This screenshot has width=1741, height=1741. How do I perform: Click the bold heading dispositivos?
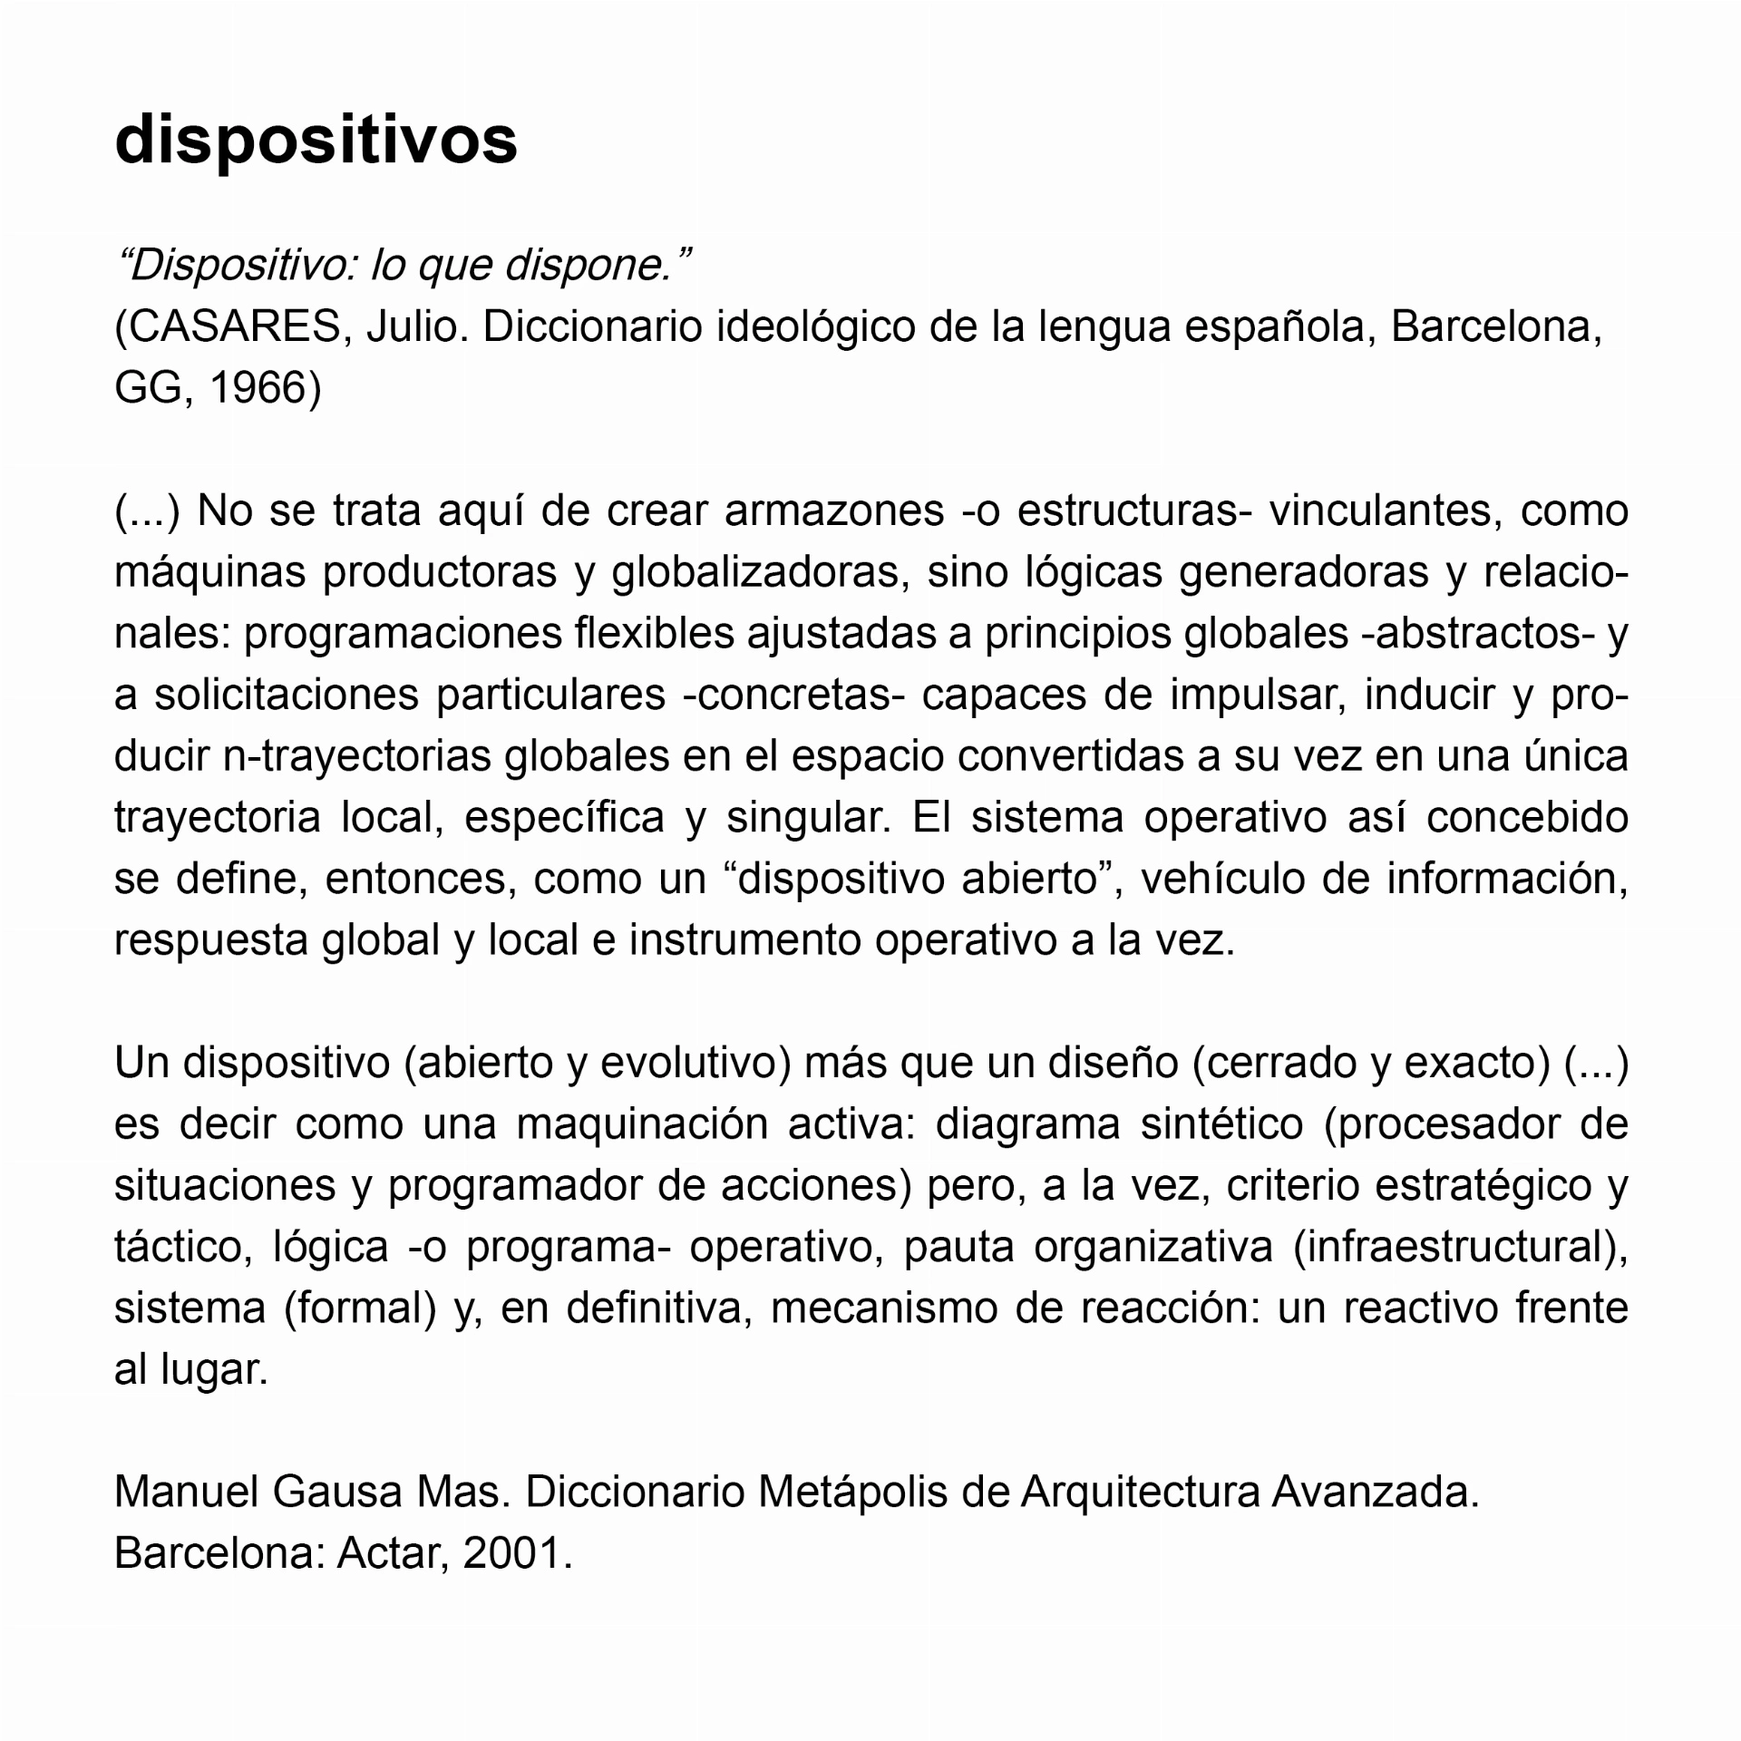pyautogui.click(x=316, y=141)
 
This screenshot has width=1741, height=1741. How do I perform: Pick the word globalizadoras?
pyautogui.click(x=761, y=573)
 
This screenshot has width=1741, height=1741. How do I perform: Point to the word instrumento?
pyautogui.click(x=744, y=940)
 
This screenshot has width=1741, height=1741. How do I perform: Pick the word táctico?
pyautogui.click(x=181, y=1248)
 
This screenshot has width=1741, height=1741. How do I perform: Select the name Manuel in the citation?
pyautogui.click(x=187, y=1493)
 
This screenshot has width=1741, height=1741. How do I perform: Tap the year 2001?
pyautogui.click(x=517, y=1554)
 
